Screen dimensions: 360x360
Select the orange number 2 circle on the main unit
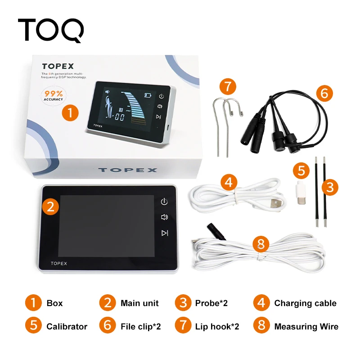pyautogui.click(x=51, y=207)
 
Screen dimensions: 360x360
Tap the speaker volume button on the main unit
pyautogui.click(x=165, y=217)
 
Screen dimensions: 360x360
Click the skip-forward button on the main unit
pyautogui.click(x=165, y=233)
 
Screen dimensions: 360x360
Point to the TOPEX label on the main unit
pyautogui.click(x=59, y=263)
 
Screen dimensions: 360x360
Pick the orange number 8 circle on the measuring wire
pyautogui.click(x=261, y=245)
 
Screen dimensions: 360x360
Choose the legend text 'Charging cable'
pyautogui.click(x=305, y=303)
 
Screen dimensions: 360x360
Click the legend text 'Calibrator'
pyautogui.click(x=67, y=327)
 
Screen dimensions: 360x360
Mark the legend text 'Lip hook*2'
pyautogui.click(x=217, y=327)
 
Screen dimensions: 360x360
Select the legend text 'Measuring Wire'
pyautogui.click(x=306, y=327)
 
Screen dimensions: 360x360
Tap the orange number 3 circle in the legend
pyautogui.click(x=183, y=303)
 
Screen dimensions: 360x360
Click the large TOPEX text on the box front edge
pyautogui.click(x=128, y=170)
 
